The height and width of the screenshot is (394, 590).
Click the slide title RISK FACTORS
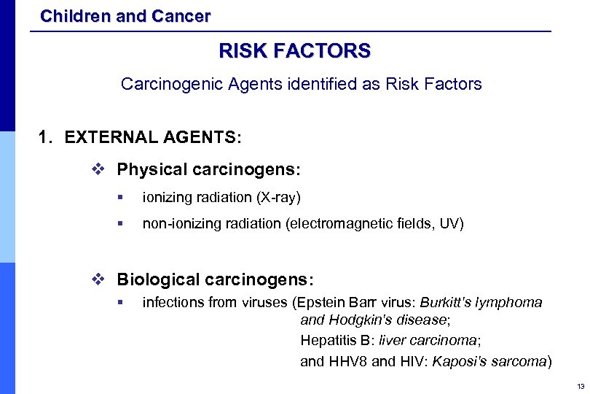pyautogui.click(x=294, y=50)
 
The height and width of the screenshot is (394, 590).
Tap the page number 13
pyautogui.click(x=581, y=386)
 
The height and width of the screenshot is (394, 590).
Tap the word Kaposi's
pyautogui.click(x=460, y=360)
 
